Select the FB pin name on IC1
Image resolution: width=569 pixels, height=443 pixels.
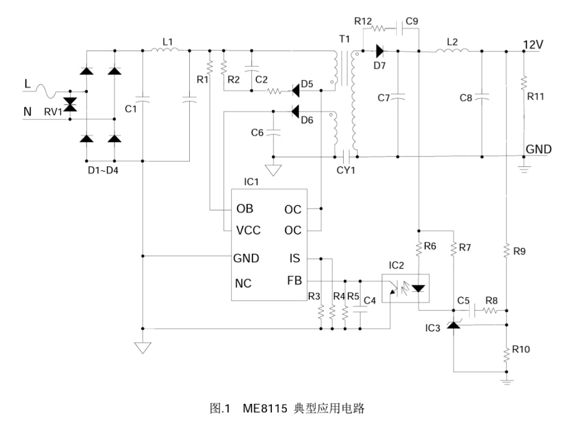295,280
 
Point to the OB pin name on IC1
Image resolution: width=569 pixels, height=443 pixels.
243,209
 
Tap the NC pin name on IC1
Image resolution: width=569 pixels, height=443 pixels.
243,283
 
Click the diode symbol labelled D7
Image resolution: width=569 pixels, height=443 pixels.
380,51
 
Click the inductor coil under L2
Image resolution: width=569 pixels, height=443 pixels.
452,51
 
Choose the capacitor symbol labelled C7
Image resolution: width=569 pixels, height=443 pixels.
398,97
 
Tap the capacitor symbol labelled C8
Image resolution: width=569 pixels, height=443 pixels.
482,97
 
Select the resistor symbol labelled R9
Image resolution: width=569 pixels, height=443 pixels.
507,250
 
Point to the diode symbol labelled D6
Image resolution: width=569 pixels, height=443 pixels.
294,112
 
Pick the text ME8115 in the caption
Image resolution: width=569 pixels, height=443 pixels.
261,409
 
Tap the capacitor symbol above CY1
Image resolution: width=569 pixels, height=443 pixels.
345,156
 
